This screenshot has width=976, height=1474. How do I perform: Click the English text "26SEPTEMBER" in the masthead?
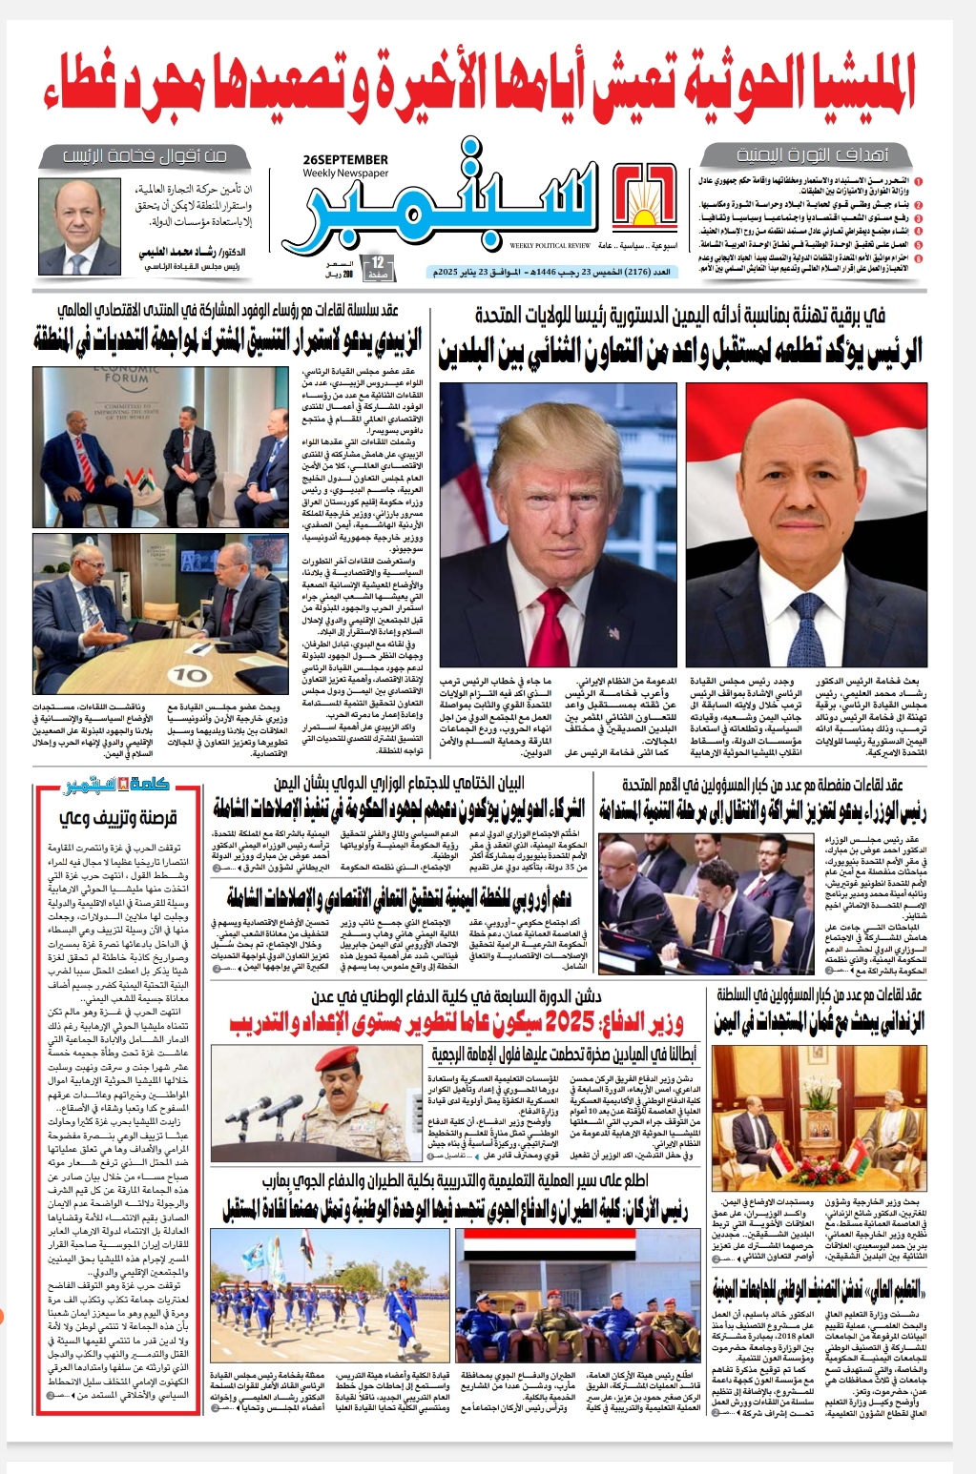tap(344, 159)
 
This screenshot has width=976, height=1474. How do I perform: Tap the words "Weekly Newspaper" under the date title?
tap(344, 174)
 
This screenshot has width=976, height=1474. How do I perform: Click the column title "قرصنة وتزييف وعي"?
tap(118, 817)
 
